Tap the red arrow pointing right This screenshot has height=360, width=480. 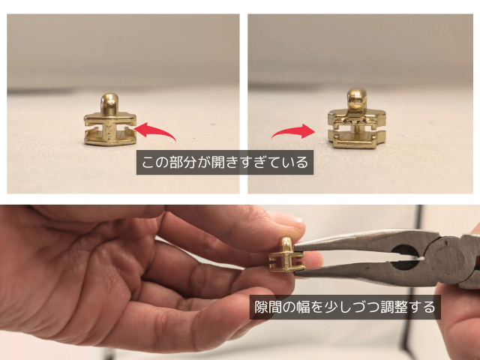pos(294,131)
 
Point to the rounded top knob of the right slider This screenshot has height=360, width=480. pos(357,98)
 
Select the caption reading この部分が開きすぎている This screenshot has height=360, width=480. pos(225,162)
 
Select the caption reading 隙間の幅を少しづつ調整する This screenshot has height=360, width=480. pos(345,307)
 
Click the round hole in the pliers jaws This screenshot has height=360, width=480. pos(405,257)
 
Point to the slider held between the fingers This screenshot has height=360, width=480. pos(286,255)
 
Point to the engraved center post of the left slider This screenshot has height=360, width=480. pos(109,131)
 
